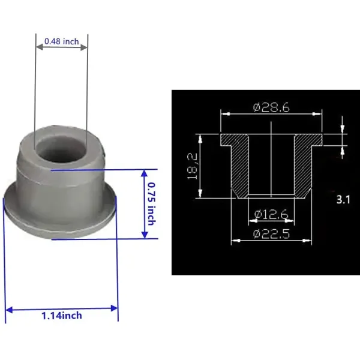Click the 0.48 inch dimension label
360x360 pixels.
61,41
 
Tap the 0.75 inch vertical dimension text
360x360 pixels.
151,203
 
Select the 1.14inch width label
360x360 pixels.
61,316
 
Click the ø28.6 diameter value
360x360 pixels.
271,107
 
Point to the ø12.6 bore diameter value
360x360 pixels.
271,214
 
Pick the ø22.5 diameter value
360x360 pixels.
271,234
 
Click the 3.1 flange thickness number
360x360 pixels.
343,200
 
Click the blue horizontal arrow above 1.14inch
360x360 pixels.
61,309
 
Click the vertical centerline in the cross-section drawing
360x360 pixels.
271,162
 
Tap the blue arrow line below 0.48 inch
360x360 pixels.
61,50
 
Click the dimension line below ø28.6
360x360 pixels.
271,114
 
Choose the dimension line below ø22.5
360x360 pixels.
271,241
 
